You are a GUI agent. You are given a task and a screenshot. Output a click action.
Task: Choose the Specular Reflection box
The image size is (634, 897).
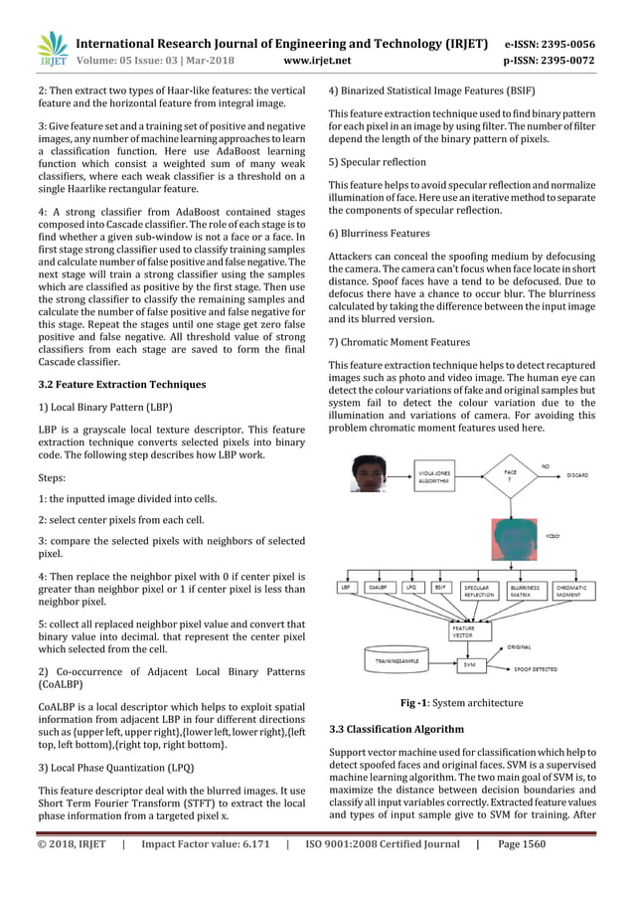coord(478,591)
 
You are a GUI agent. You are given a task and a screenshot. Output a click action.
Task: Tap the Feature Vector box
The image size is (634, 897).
coord(463,630)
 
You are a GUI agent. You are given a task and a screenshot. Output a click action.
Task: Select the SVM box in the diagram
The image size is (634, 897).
coord(468,663)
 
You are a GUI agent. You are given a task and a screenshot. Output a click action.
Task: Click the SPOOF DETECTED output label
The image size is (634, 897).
coord(537,670)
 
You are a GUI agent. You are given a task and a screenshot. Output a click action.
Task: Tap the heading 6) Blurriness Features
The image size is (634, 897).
coord(379,233)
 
